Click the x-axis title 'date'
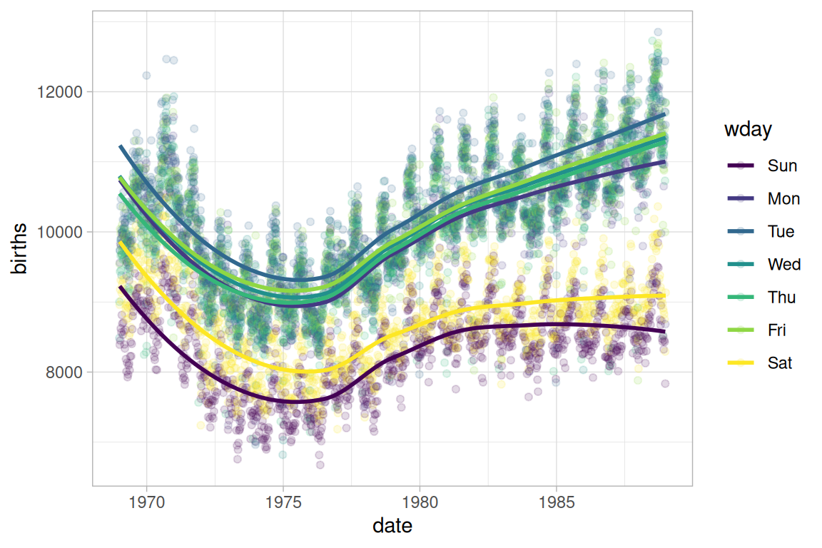(x=392, y=527)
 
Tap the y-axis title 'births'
(x=21, y=249)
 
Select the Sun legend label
(x=782, y=166)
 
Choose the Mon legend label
(x=783, y=199)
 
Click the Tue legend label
(x=781, y=232)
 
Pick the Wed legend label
(x=783, y=265)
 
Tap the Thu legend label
(x=781, y=298)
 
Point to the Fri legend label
(x=778, y=330)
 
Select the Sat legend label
(x=780, y=363)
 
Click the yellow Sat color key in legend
(x=741, y=363)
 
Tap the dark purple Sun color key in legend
(x=741, y=166)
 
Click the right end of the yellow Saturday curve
(x=664, y=295)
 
